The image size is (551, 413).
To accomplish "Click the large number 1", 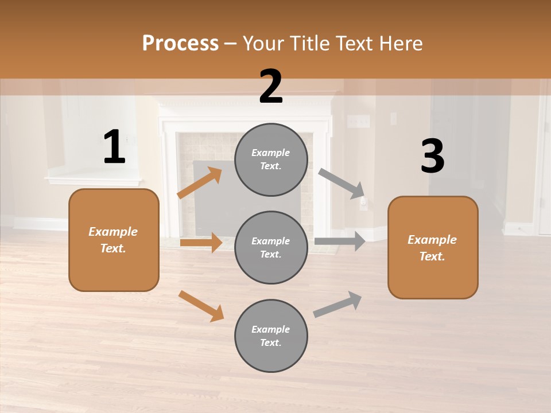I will pyautogui.click(x=115, y=147).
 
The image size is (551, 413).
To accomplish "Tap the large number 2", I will pyautogui.click(x=271, y=87).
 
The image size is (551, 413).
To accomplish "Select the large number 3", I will pyautogui.click(x=433, y=156).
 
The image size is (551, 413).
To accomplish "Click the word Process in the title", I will pyautogui.click(x=180, y=43).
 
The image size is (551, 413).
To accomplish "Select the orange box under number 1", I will pyautogui.click(x=114, y=240).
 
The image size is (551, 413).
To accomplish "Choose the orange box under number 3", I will pyautogui.click(x=433, y=248).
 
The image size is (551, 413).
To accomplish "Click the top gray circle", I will pyautogui.click(x=271, y=159).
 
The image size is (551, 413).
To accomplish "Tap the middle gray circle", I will pyautogui.click(x=271, y=247).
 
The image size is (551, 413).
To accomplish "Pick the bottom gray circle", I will pyautogui.click(x=271, y=336).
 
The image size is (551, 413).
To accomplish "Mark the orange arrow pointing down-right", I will pyautogui.click(x=201, y=306).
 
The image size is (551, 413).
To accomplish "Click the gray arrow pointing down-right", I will pyautogui.click(x=342, y=183).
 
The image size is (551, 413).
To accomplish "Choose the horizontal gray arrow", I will pyautogui.click(x=340, y=241).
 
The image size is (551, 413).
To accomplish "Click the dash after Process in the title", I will pyautogui.click(x=231, y=44).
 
